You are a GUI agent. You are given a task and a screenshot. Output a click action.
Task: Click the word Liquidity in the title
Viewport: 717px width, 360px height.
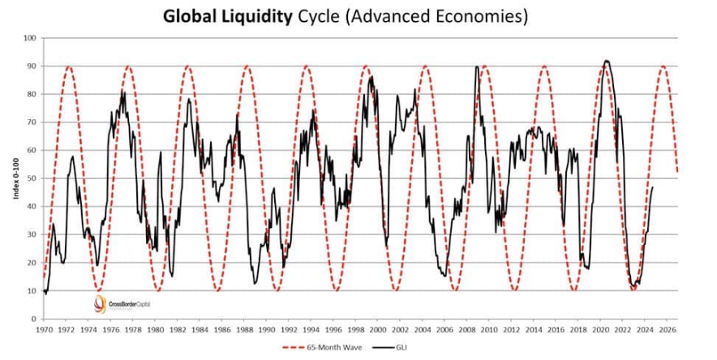251,16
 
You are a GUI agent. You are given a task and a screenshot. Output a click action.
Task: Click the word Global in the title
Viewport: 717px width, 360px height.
187,16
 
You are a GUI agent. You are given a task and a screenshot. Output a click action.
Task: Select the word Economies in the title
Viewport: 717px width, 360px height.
479,16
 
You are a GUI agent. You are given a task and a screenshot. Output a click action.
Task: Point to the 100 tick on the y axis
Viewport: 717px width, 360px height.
30,38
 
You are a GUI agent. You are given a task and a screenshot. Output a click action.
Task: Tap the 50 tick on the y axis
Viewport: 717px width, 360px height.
32,178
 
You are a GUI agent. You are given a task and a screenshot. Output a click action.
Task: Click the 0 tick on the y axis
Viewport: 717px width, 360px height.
34,319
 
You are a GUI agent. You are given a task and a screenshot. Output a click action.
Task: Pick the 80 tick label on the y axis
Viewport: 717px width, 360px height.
32,94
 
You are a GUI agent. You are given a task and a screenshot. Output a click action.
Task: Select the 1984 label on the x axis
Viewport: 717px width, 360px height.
200,330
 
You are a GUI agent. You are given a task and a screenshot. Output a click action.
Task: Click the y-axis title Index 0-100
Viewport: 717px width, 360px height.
14,178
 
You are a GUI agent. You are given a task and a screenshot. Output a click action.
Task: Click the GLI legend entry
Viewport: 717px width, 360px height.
414,348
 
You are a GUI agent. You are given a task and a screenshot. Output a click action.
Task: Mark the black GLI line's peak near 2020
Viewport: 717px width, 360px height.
605,61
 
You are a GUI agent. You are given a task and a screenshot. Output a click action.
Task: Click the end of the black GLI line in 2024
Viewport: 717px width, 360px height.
653,187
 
